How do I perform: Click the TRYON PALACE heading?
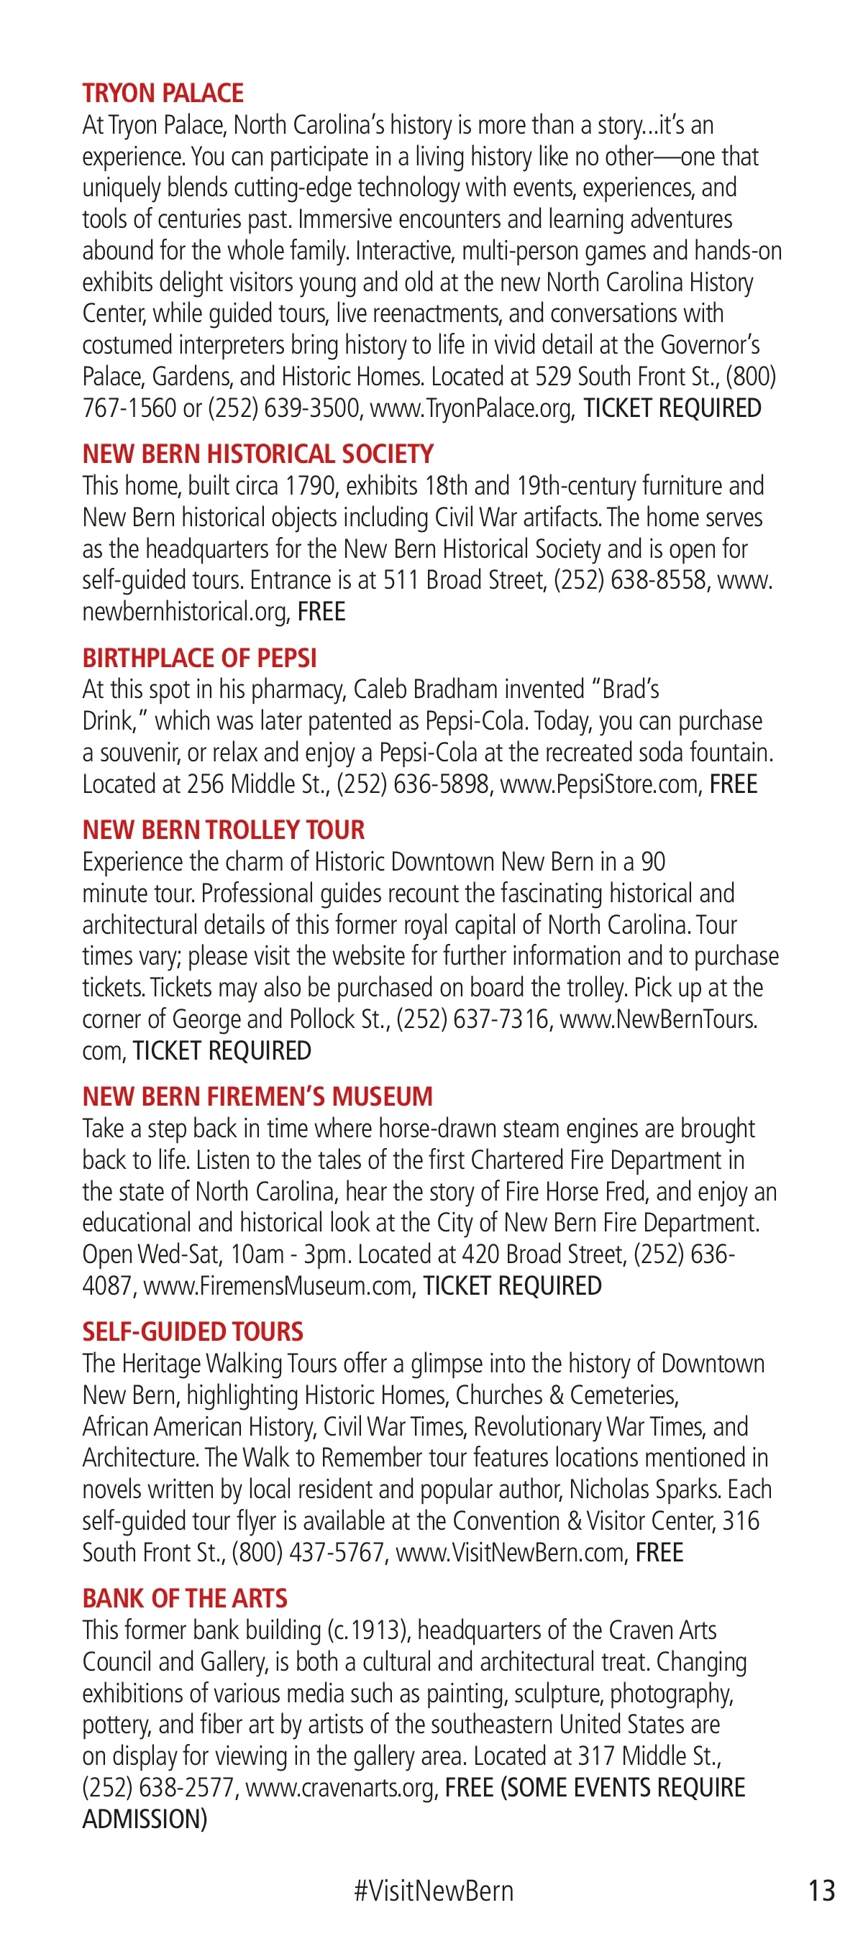pyautogui.click(x=163, y=93)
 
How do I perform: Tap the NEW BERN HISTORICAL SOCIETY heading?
pyautogui.click(x=257, y=454)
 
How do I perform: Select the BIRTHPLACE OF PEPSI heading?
pyautogui.click(x=199, y=658)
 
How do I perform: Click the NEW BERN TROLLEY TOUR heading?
pyautogui.click(x=223, y=830)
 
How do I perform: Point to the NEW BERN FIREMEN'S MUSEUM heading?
pyautogui.click(x=257, y=1097)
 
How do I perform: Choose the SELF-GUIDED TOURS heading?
pyautogui.click(x=192, y=1332)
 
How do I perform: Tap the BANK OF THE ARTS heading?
pyautogui.click(x=185, y=1599)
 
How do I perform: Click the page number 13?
pyautogui.click(x=821, y=1891)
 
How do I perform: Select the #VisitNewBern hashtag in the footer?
pyautogui.click(x=434, y=1891)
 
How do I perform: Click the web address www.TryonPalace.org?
pyautogui.click(x=472, y=408)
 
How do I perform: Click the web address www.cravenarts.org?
pyautogui.click(x=342, y=1788)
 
